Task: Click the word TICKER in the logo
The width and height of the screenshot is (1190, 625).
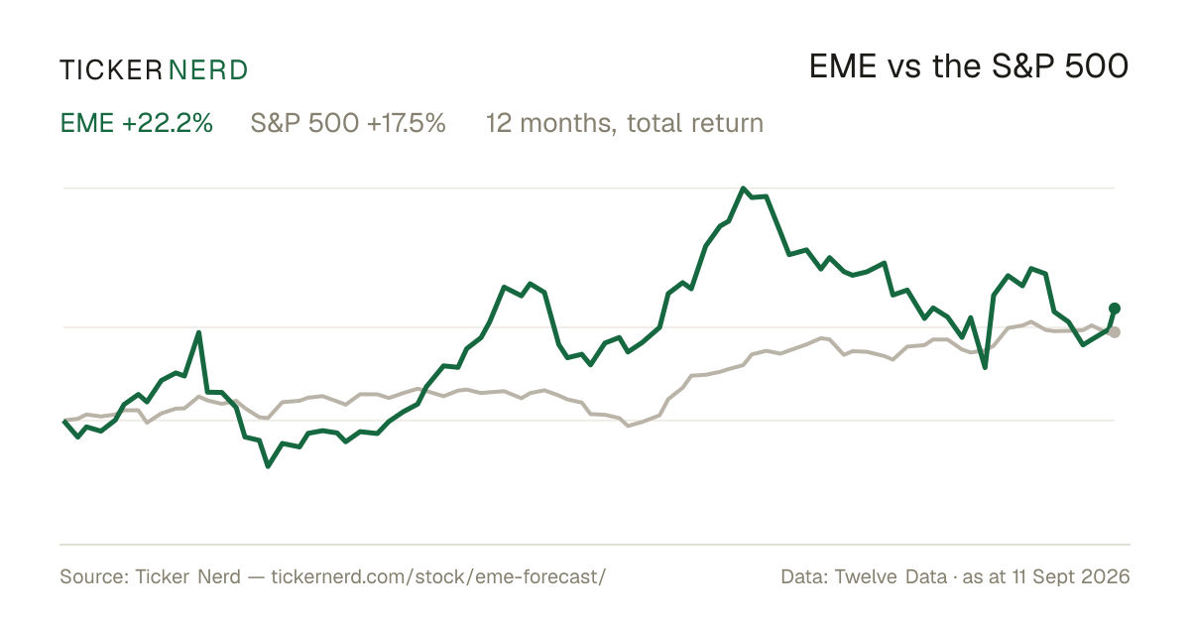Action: click(111, 70)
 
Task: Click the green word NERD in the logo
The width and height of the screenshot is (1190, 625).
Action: click(208, 70)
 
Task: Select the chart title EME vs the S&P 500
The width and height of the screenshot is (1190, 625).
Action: click(969, 66)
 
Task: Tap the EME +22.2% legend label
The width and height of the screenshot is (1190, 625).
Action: click(137, 123)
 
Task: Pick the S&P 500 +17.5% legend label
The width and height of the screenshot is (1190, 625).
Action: click(348, 123)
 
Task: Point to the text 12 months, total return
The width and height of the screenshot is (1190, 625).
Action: click(625, 123)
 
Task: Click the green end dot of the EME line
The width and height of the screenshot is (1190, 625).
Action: click(1115, 309)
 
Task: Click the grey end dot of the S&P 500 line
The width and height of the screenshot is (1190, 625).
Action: click(1115, 332)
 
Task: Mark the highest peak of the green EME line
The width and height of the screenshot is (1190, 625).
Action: click(743, 188)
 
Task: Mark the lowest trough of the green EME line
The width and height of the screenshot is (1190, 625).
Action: click(268, 466)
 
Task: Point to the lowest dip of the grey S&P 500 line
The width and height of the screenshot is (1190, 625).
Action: click(628, 426)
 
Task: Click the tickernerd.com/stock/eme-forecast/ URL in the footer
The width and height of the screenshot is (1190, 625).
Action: click(438, 576)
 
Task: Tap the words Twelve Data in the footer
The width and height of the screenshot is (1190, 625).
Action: click(891, 576)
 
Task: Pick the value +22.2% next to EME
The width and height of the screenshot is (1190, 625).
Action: click(168, 123)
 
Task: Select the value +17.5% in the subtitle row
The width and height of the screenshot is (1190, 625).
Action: click(406, 123)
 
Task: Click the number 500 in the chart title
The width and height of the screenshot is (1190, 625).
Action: click(1097, 66)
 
